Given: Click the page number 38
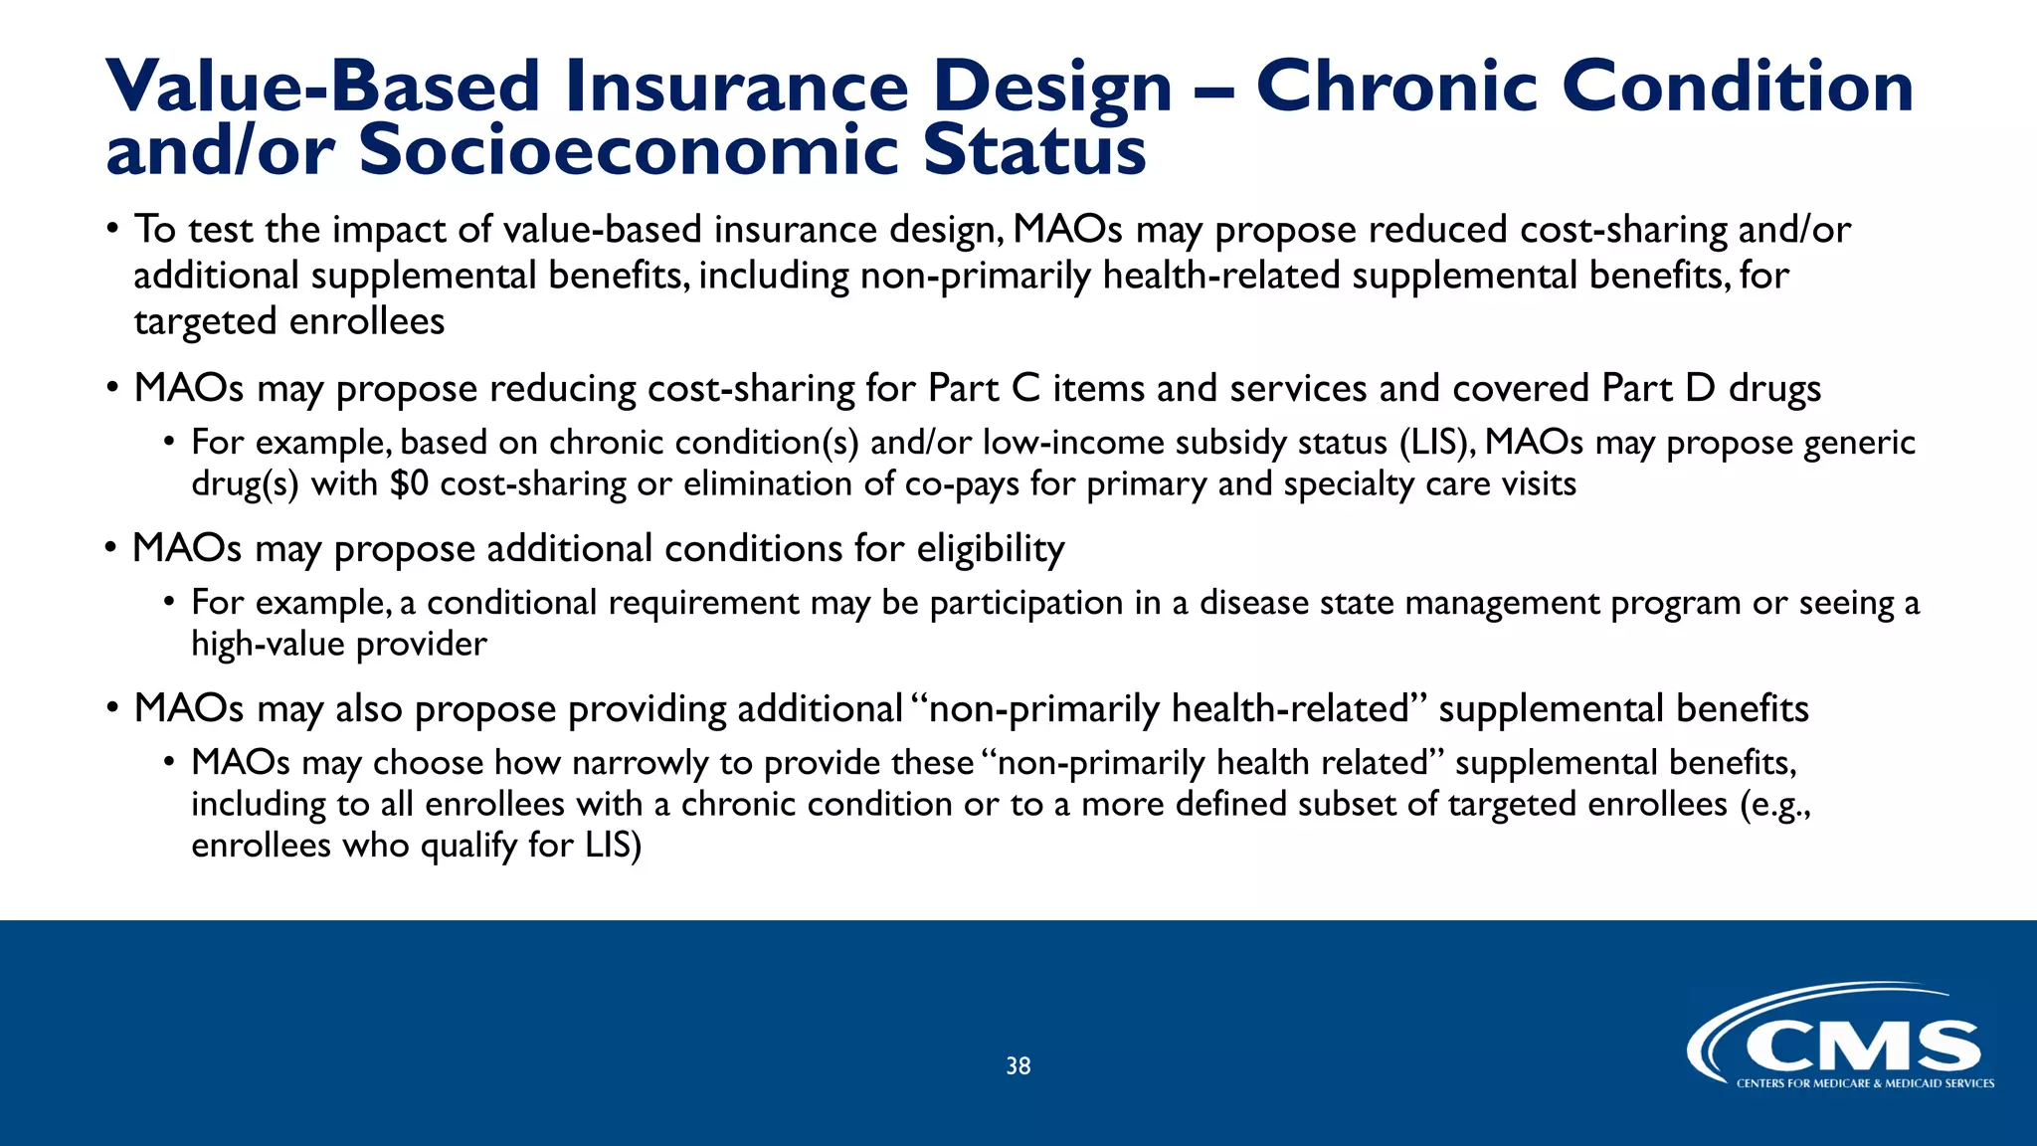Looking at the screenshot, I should [1018, 1066].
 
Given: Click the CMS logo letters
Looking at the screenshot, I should [1862, 1048].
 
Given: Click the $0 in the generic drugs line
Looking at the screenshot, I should [409, 484].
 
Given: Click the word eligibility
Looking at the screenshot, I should [990, 549].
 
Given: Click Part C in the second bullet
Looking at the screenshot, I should [983, 388].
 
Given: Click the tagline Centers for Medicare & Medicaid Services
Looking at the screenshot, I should [1865, 1083].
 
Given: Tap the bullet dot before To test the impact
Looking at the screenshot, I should [113, 230].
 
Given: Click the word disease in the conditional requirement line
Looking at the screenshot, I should [1253, 603].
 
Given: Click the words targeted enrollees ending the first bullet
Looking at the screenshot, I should [288, 321].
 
